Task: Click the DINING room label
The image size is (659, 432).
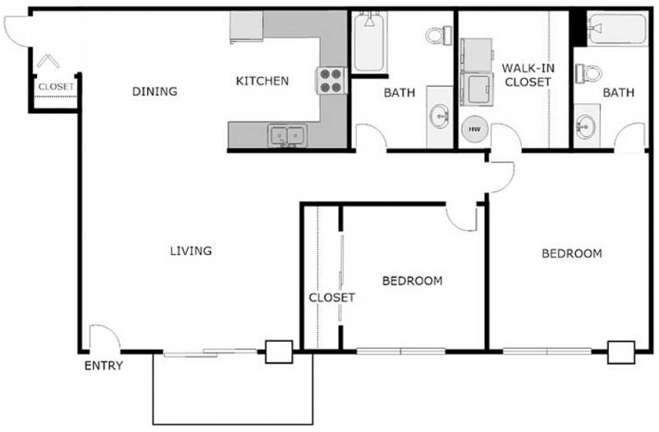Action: [x=154, y=92]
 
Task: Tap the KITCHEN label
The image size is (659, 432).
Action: [x=262, y=81]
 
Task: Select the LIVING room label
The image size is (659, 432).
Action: [x=190, y=251]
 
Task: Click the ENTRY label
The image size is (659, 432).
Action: [x=103, y=366]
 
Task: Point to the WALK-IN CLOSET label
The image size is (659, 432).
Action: [x=528, y=75]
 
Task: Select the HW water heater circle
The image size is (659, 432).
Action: [x=474, y=129]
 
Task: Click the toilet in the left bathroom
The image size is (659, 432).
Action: [x=437, y=35]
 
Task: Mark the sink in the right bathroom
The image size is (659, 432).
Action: [x=586, y=128]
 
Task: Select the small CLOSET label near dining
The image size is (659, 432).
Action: [x=56, y=86]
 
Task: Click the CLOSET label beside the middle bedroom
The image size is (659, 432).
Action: [x=332, y=298]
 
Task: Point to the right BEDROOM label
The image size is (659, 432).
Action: [x=571, y=253]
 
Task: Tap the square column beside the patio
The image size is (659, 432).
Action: [x=278, y=352]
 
